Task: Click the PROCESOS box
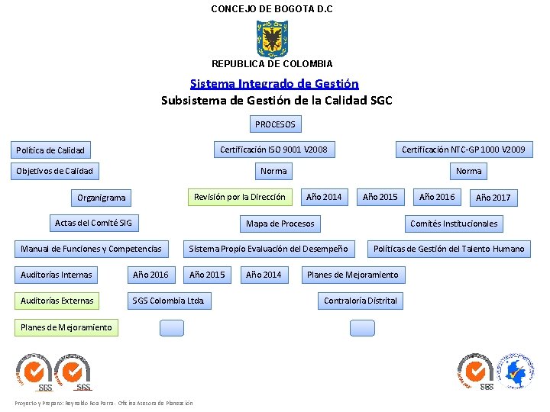275,124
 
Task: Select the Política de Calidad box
50,150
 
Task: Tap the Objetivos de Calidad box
55,171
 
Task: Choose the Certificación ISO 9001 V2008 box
273,150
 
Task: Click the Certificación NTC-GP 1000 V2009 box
463,150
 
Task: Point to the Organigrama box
102,198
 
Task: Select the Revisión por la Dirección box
240,197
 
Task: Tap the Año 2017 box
493,198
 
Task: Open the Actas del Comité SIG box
93,224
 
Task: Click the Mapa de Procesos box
280,224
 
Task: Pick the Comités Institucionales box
454,224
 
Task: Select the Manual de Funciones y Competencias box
91,249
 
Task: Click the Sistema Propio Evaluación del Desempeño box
268,249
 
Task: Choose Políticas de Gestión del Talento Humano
449,249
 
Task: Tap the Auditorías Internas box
57,275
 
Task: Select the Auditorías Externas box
57,301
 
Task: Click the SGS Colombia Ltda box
168,301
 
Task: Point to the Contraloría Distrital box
361,301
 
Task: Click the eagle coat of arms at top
272,39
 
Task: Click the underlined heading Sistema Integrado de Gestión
274,84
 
